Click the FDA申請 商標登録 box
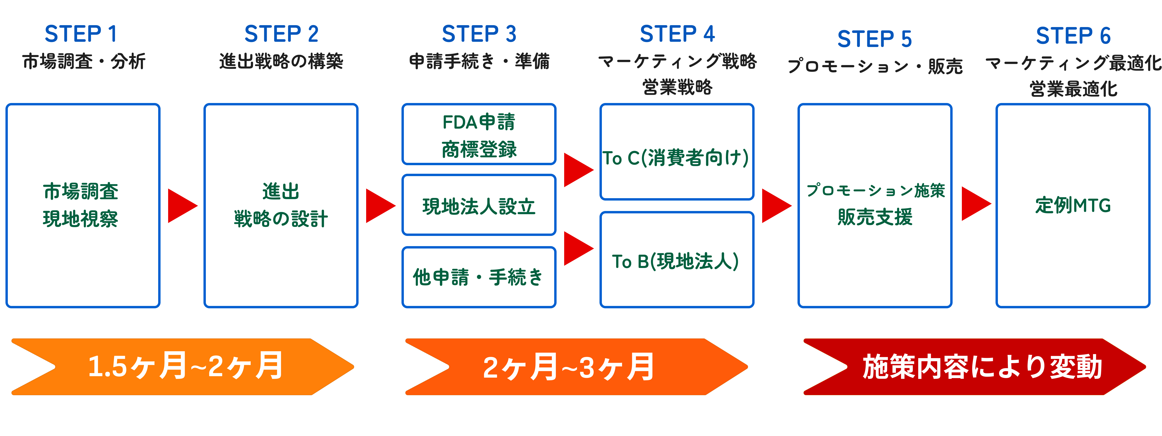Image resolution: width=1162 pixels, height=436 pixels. [x=479, y=135]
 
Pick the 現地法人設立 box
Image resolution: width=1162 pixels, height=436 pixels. [x=479, y=206]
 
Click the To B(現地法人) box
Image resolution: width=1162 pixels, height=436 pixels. [x=676, y=260]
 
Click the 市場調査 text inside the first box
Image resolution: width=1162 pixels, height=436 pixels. [x=81, y=191]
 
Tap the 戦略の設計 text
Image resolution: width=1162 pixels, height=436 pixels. [x=281, y=219]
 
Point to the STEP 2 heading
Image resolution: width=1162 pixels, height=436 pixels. [x=281, y=34]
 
